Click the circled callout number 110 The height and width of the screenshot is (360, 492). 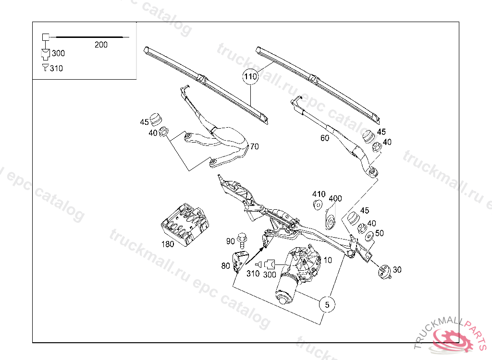click(250, 76)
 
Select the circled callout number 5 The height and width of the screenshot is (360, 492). click(327, 304)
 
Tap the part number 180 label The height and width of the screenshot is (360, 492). click(167, 244)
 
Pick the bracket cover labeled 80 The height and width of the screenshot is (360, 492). click(240, 261)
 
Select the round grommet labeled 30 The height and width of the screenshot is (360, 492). click(383, 271)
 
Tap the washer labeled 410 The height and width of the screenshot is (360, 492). click(318, 205)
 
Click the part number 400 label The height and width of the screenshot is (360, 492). click(335, 198)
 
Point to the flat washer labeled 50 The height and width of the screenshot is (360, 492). click(369, 236)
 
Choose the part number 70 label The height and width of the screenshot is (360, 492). click(254, 146)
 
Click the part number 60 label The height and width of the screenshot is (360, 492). click(325, 138)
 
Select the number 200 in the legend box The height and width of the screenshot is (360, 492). click(101, 45)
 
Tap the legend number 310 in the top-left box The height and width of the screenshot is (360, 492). click(56, 68)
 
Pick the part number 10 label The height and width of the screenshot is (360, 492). click(328, 260)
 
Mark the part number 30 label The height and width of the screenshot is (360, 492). click(397, 270)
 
